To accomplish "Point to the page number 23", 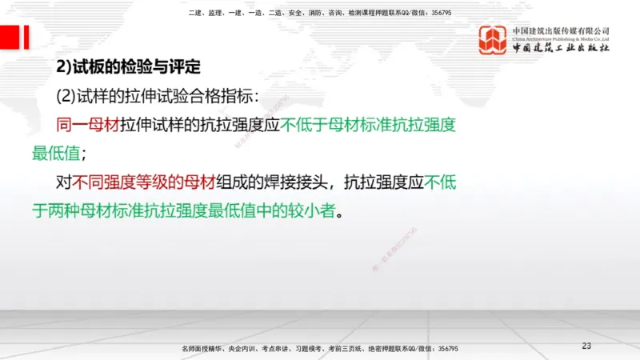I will click(586, 346).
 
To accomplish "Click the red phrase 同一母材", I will click(88, 125).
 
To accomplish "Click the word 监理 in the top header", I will click(214, 13).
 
